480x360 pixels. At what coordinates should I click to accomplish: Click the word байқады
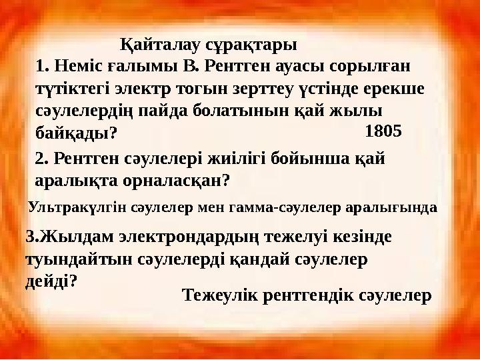(x=75, y=133)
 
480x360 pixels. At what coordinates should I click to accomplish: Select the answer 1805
(x=383, y=131)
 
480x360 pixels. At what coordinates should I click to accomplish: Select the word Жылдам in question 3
(x=67, y=237)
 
